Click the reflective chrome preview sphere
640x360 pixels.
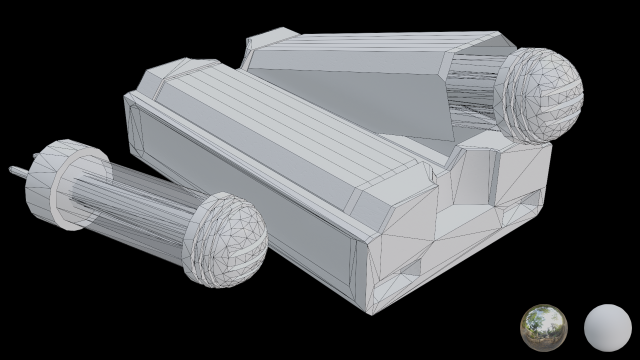coord(544,327)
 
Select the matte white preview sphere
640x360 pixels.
coord(607,327)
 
